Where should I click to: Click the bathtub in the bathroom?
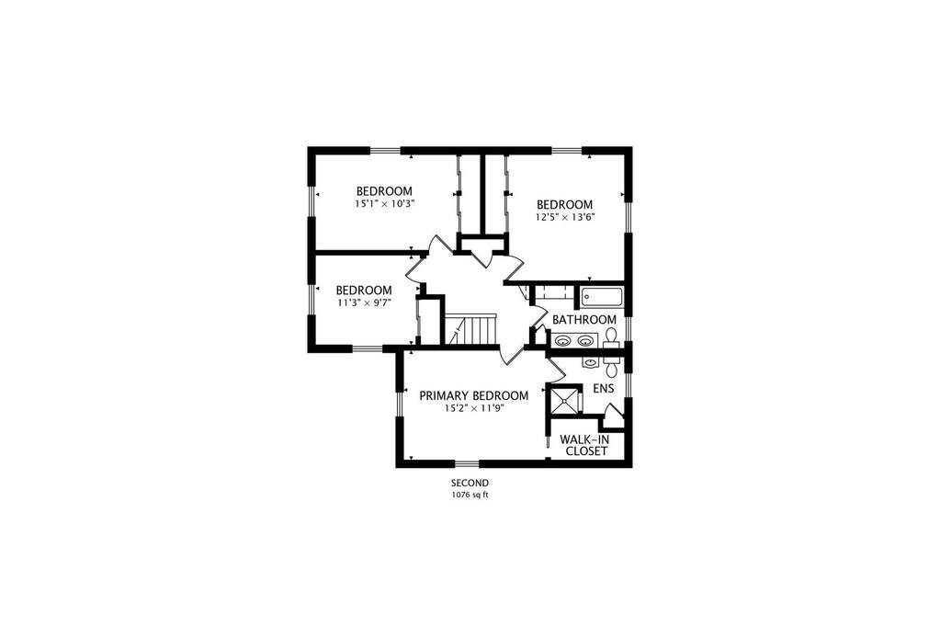click(601, 298)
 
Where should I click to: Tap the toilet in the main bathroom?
click(611, 338)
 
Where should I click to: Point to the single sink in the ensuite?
click(591, 362)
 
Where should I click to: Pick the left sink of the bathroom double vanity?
click(562, 341)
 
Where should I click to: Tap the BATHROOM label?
click(583, 320)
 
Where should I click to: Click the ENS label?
click(603, 389)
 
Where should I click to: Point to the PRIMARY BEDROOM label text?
click(473, 396)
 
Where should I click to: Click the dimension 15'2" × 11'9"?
click(473, 408)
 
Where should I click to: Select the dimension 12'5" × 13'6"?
click(565, 217)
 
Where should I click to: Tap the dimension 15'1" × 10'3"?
click(384, 204)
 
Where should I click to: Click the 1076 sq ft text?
click(470, 496)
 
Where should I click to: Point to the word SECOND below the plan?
click(470, 483)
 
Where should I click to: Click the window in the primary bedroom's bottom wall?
click(467, 462)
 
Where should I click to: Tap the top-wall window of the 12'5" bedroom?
click(567, 150)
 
